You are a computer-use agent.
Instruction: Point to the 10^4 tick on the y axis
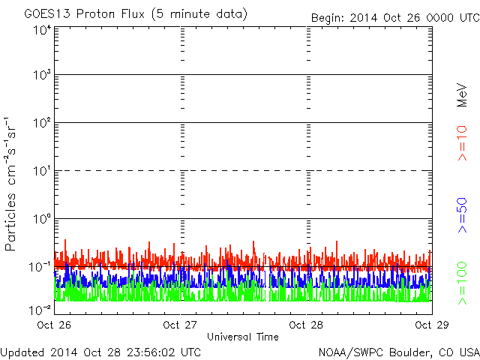point(41,30)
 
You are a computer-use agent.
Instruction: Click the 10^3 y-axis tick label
point(41,76)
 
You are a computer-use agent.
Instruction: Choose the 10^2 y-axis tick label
point(41,124)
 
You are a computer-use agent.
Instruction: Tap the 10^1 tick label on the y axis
point(41,172)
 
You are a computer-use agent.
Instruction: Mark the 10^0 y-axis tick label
point(41,220)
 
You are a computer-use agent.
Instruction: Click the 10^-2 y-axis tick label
point(40,308)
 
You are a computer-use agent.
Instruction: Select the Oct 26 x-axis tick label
point(52,325)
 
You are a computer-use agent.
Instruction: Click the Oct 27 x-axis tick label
point(180,325)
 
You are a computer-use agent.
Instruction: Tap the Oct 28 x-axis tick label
point(306,325)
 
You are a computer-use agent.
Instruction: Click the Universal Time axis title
point(242,337)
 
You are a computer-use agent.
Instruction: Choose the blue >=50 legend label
point(463,215)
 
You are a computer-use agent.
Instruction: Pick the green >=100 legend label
point(463,283)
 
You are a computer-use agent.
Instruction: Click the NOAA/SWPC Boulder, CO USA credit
point(398,351)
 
